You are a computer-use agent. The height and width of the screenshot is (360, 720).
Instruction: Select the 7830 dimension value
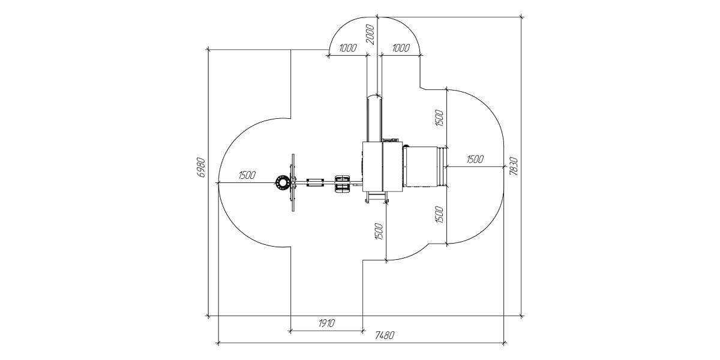point(514,166)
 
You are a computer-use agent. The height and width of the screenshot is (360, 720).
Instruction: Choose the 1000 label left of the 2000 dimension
point(347,49)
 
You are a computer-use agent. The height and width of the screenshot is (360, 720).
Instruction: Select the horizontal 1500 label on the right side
point(475,159)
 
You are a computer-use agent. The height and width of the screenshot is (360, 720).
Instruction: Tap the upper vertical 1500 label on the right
point(439,119)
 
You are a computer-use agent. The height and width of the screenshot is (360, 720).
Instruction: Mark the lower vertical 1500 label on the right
point(439,214)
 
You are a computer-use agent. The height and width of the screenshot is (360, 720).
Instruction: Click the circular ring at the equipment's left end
point(282,183)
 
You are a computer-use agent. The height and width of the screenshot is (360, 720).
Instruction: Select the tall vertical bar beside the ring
point(293,182)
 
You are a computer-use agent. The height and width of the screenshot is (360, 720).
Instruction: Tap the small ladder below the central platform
point(376,197)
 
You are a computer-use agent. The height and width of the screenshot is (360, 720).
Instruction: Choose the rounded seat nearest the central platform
point(342,183)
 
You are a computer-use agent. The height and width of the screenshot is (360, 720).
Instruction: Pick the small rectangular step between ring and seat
point(316,182)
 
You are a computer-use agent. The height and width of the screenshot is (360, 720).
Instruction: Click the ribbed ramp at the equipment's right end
point(445,166)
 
